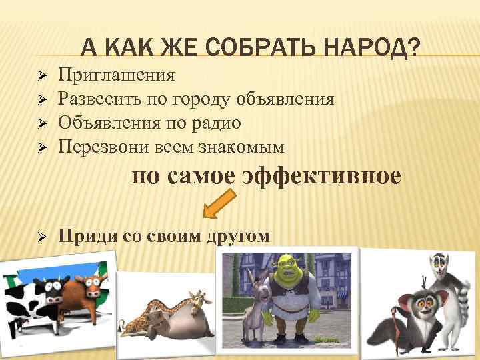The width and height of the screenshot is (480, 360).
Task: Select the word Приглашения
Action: click(x=117, y=74)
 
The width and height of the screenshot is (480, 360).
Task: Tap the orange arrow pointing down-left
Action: click(x=219, y=203)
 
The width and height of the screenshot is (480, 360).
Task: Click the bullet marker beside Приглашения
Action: click(x=40, y=75)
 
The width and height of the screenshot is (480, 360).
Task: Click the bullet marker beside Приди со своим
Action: click(x=40, y=236)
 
